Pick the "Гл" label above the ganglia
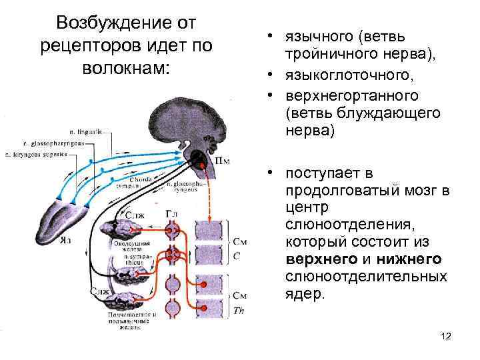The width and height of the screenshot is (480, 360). point(172,213)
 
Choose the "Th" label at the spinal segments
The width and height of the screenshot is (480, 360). point(239,308)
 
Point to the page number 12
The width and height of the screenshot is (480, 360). point(446,337)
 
